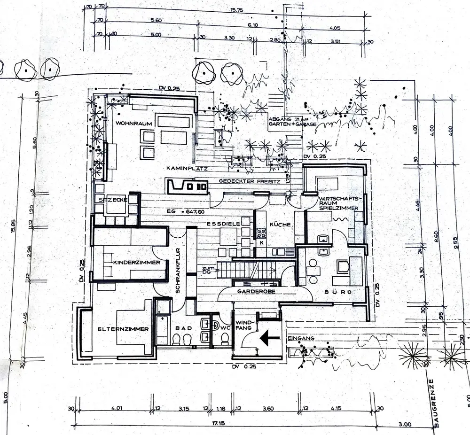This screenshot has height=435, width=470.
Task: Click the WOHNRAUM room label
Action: pyautogui.click(x=134, y=124)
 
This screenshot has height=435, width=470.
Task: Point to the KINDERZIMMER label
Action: pyautogui.click(x=136, y=262)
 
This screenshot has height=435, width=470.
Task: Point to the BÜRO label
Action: pyautogui.click(x=338, y=292)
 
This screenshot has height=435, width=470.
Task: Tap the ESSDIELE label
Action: pyautogui.click(x=223, y=225)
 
